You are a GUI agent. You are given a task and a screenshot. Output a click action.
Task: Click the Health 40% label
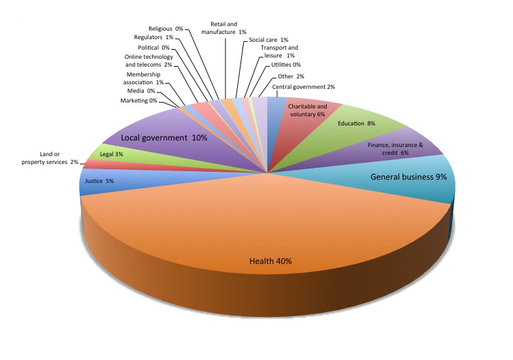[x=271, y=261]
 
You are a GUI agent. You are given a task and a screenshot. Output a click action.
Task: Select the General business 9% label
[x=408, y=177]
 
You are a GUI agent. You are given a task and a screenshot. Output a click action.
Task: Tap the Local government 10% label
[x=164, y=138]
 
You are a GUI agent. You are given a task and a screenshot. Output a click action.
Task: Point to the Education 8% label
[x=356, y=123]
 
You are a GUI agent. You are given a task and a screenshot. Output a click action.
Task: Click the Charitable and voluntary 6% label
[x=307, y=110]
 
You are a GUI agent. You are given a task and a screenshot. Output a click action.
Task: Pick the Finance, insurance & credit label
[x=395, y=149]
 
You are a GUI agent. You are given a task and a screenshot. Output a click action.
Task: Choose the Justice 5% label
[x=99, y=181]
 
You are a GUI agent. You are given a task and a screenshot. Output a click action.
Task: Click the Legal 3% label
[x=111, y=154]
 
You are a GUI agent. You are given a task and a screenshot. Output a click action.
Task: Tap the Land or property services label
[x=50, y=158]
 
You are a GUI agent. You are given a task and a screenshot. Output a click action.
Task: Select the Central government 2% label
[x=303, y=87]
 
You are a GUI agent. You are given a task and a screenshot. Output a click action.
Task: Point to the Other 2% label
[x=291, y=76]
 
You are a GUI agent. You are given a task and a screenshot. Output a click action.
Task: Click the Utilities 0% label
[x=286, y=65]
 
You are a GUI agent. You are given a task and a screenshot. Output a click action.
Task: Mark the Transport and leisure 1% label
[x=279, y=52]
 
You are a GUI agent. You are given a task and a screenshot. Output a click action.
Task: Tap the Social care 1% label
[x=269, y=40]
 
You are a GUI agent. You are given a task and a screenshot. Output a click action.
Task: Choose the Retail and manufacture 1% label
[x=223, y=28]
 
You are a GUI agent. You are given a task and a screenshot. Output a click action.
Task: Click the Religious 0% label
[x=165, y=29]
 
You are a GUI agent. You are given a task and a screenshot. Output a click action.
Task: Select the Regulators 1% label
[x=154, y=37]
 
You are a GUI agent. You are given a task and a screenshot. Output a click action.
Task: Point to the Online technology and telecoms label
[x=148, y=61]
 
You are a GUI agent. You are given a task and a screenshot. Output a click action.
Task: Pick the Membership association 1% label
[x=143, y=78]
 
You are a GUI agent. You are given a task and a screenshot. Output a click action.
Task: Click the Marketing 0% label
[x=139, y=101]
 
